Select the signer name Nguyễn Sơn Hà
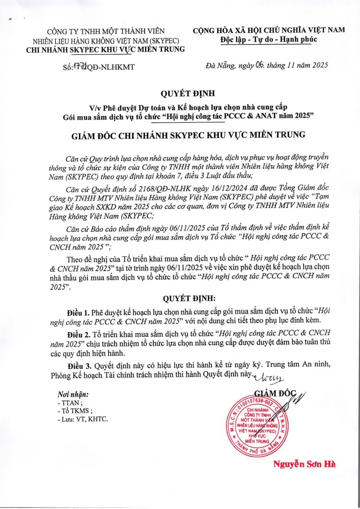(304, 464)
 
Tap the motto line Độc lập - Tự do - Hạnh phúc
(268, 40)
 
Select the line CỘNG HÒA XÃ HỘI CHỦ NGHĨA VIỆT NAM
(268, 30)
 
